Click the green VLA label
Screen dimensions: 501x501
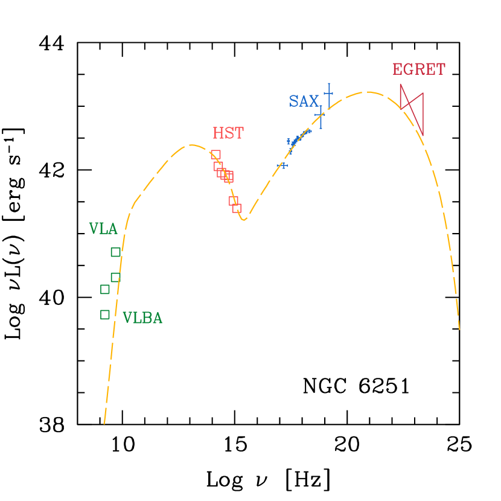click(x=103, y=229)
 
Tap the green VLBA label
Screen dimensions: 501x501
click(x=142, y=318)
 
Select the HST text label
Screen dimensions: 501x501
click(x=228, y=133)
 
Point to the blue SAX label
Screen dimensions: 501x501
click(x=303, y=101)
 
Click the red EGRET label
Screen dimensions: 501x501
click(x=418, y=69)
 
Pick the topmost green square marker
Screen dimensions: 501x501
click(x=115, y=252)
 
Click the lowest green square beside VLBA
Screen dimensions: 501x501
click(x=105, y=314)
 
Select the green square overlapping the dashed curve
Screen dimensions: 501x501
click(x=115, y=277)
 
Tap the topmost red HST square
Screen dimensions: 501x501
click(x=215, y=155)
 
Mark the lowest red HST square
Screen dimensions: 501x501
click(x=237, y=208)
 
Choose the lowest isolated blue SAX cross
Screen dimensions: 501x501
click(x=282, y=165)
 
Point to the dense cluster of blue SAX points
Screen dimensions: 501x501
click(x=297, y=138)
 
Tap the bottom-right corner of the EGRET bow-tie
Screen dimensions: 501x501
click(x=423, y=135)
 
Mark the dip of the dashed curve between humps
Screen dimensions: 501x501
click(x=244, y=220)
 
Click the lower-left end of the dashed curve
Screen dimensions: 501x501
click(x=104, y=423)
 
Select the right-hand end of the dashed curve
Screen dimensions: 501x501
click(x=459, y=330)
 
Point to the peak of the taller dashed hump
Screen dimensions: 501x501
click(x=366, y=92)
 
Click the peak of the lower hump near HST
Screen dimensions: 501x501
click(x=191, y=145)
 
